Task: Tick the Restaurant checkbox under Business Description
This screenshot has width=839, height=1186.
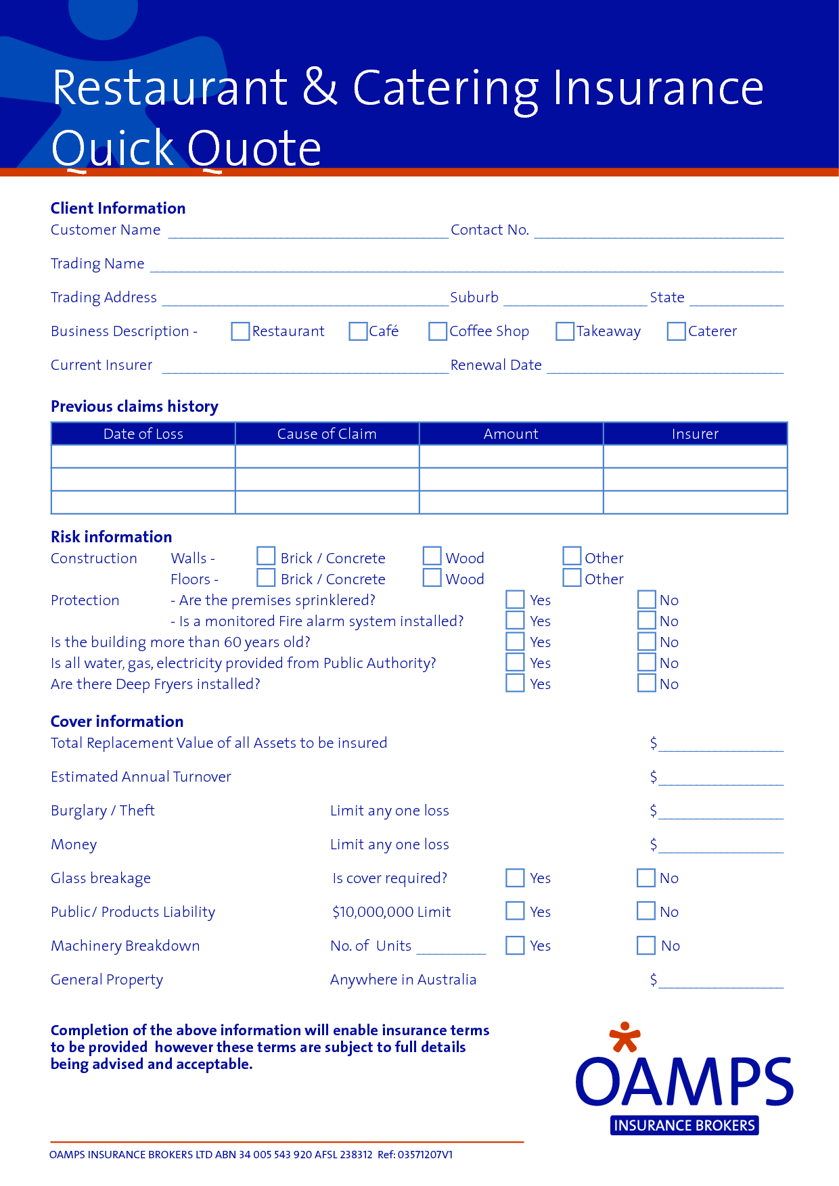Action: point(240,331)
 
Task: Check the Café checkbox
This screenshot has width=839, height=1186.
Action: point(358,331)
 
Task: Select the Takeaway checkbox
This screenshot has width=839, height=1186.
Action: point(564,331)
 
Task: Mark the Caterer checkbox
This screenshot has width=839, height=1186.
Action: point(676,331)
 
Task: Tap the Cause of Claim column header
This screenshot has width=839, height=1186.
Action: point(327,434)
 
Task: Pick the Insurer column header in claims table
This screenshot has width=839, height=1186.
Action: point(695,434)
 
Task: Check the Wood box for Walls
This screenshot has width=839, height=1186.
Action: point(432,556)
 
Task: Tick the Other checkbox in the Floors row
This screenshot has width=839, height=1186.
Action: point(572,577)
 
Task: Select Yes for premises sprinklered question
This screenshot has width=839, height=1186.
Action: point(515,600)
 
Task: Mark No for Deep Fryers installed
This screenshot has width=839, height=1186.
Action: point(647,683)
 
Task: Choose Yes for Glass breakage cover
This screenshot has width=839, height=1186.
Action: point(515,878)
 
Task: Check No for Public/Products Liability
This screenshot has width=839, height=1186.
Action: point(646,911)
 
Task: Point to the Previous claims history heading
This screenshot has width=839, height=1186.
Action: point(135,406)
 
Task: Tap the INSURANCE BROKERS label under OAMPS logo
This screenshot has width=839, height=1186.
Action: point(684,1125)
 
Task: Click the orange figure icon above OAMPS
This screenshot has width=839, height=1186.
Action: point(625,1037)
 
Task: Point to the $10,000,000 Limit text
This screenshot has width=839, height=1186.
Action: point(391,912)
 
